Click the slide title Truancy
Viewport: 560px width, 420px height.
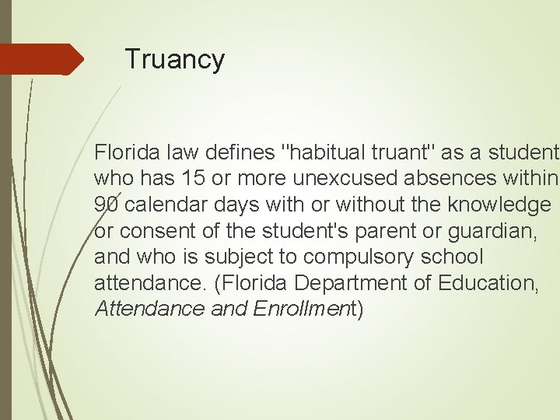point(174,59)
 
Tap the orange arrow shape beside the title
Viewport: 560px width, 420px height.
point(42,59)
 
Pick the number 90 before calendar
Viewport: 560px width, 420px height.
point(107,204)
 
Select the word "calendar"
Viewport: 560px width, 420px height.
point(160,204)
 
